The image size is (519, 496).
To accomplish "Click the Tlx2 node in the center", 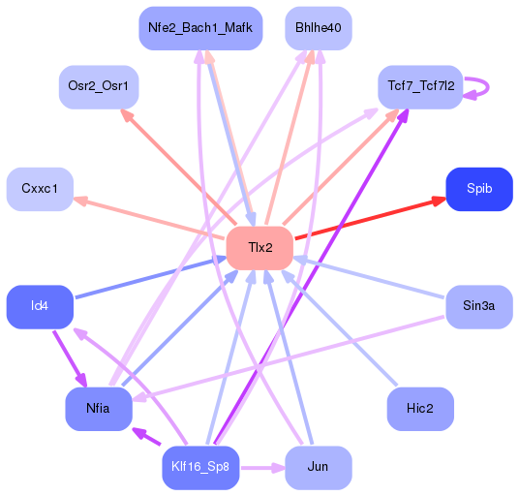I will (x=259, y=247).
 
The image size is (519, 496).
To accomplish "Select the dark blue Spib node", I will (x=478, y=188).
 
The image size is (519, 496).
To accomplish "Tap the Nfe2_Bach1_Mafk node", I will (x=200, y=28).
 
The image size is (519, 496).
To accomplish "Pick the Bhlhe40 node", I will (x=318, y=28).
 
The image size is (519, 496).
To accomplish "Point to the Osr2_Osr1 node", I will (x=98, y=86).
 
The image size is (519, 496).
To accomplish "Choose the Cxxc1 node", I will (x=40, y=188).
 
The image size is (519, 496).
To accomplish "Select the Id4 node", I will (x=40, y=306).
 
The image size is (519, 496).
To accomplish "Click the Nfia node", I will (x=98, y=408).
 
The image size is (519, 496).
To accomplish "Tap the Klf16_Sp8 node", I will (x=200, y=467).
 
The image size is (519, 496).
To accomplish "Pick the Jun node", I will (x=318, y=467).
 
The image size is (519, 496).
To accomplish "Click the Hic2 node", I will (x=420, y=408).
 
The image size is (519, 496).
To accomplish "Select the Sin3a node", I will (x=478, y=306).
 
